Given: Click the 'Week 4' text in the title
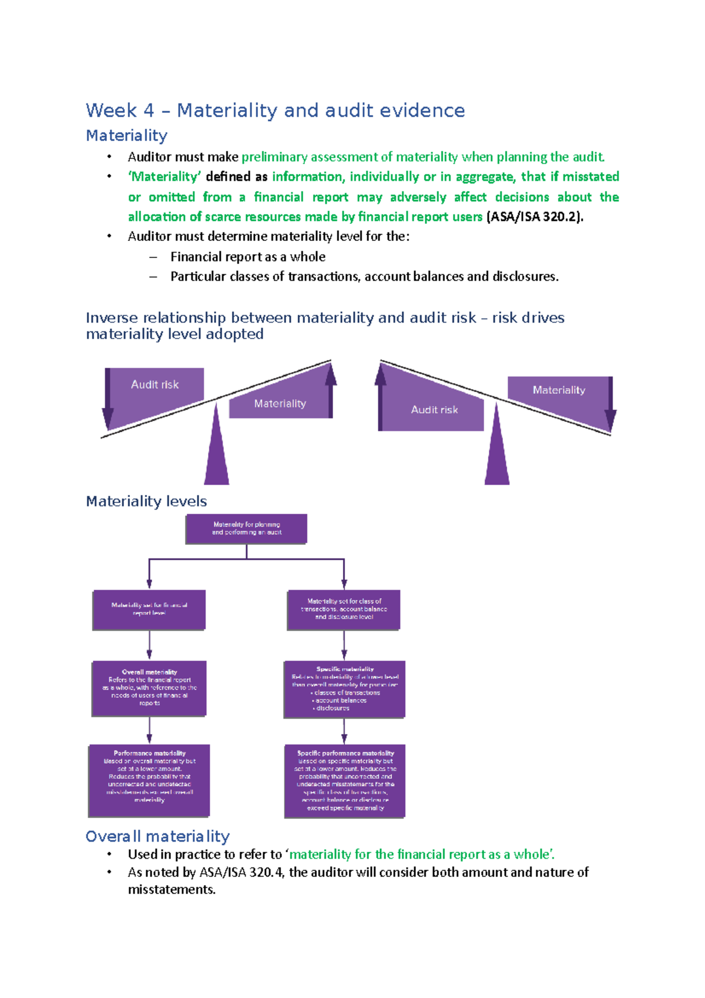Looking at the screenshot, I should point(120,110).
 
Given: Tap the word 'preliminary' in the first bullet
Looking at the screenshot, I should point(274,157).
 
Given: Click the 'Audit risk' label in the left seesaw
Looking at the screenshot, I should point(155,384).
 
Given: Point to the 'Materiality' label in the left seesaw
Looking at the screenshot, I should point(280,404).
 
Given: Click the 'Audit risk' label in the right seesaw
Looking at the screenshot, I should point(434,410).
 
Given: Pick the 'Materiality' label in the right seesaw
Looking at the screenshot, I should point(559,390).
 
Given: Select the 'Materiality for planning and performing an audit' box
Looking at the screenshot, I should point(246,528).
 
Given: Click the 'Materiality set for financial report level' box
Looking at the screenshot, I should point(149,609).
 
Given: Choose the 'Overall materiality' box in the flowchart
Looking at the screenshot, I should point(149,688).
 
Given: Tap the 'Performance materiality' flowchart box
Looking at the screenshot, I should point(149,780).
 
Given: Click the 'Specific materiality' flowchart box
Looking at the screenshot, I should point(344,689).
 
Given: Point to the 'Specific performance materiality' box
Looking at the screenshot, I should point(345,781).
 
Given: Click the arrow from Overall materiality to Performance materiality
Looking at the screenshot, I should point(149,730).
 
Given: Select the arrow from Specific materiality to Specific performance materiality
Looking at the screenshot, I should point(344,731).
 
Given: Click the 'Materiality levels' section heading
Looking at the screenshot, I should point(146,501).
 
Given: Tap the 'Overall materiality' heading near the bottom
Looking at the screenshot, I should point(157,836).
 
